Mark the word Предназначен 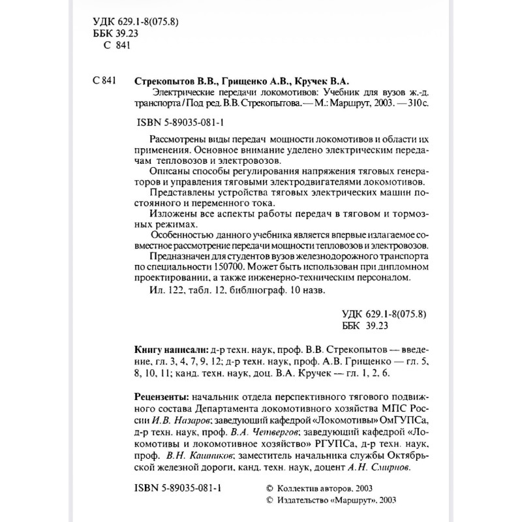[179, 257]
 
